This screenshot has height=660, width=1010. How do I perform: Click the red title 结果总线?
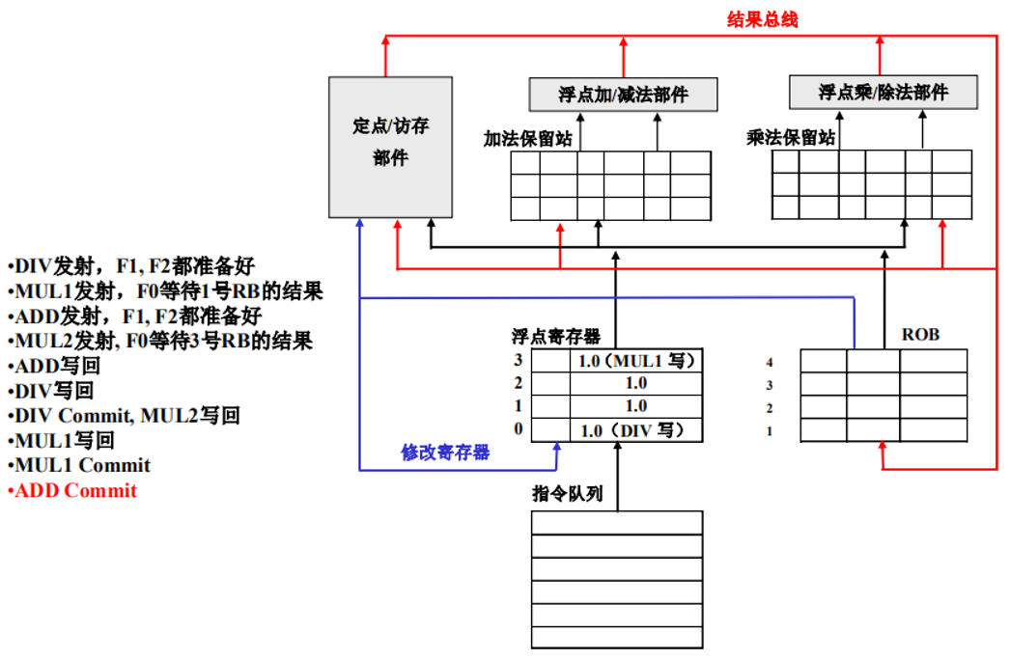coord(762,19)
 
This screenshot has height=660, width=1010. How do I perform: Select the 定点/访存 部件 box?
coord(390,147)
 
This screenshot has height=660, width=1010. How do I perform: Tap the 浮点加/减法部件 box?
coord(624,95)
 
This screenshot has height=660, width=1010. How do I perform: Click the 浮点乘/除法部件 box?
coord(884,93)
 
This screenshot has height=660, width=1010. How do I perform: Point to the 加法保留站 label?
coord(527,139)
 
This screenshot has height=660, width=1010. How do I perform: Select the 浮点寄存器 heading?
coord(556,336)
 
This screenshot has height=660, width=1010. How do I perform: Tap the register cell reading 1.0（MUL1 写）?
coord(636,360)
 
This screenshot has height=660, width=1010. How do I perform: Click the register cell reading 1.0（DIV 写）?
coord(636,430)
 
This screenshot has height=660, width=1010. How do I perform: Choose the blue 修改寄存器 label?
coord(446,452)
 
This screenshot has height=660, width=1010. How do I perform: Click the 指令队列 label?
coord(568,494)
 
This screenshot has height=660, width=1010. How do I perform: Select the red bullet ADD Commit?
coord(75,490)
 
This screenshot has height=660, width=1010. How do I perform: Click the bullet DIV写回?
coord(54,391)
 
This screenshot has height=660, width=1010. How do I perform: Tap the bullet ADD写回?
coord(57,366)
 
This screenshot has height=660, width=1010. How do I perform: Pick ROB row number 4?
coord(770,363)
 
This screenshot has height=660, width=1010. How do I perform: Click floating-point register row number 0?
coord(519,429)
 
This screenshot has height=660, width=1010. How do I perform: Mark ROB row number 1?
coord(770,431)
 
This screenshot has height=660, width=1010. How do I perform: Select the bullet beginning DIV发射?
coord(133,266)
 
